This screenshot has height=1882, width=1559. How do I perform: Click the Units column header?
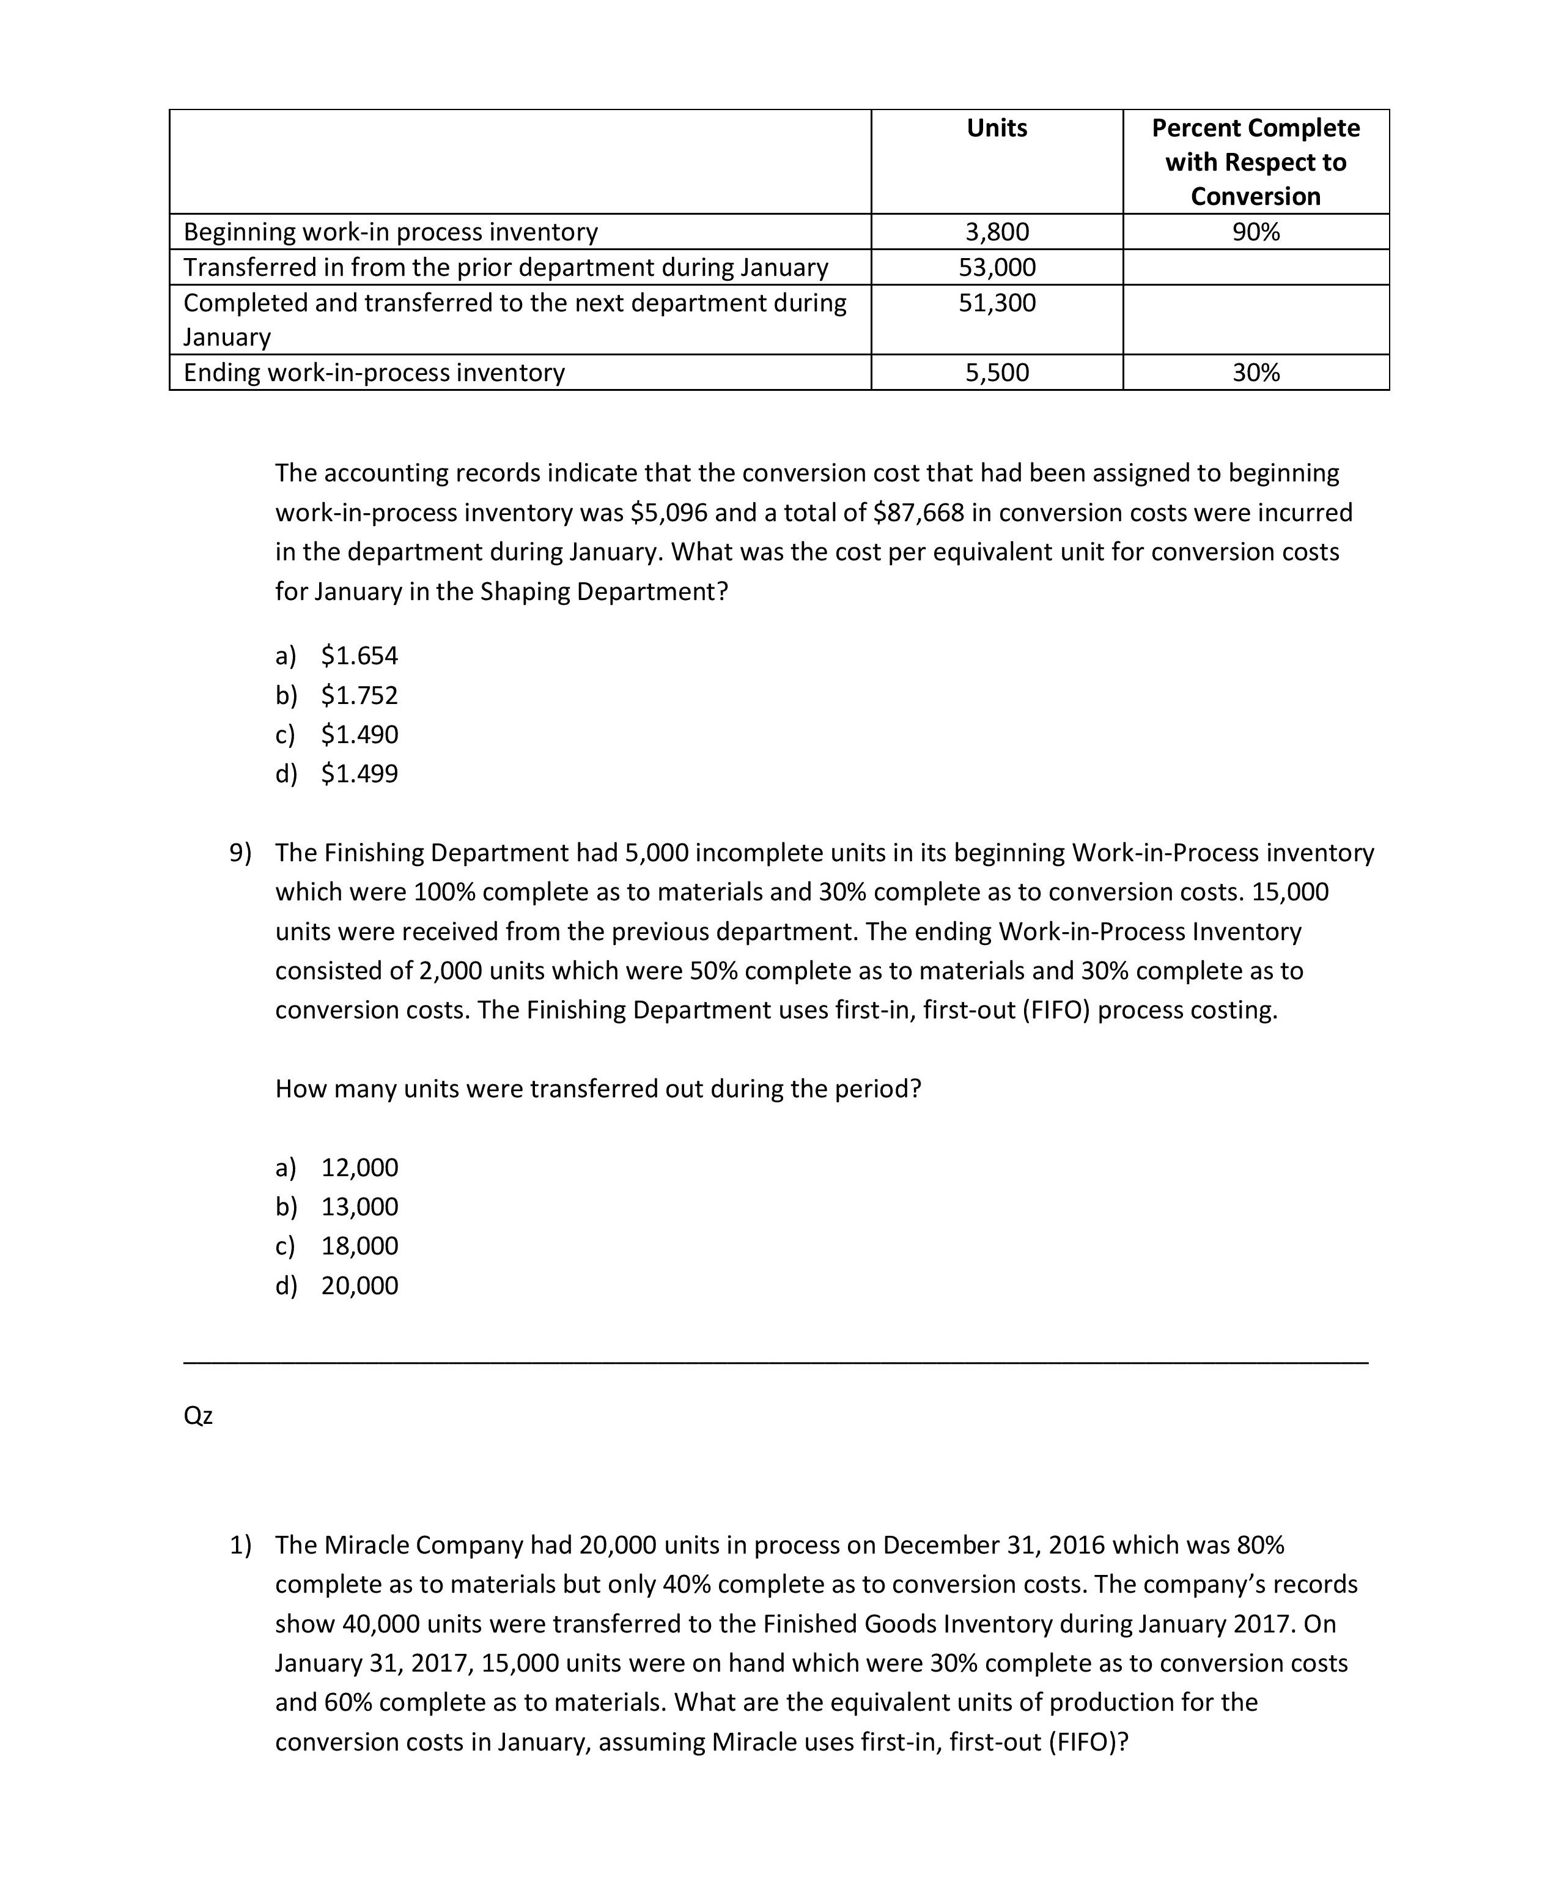[x=997, y=128]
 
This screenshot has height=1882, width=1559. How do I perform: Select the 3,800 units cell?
[x=997, y=232]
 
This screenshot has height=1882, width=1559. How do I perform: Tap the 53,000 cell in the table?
[x=997, y=267]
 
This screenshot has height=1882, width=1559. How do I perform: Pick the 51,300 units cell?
[x=997, y=303]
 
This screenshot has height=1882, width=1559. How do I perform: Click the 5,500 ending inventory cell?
[x=997, y=373]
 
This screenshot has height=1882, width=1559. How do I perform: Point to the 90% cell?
[x=1255, y=232]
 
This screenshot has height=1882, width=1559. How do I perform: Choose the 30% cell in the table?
[x=1255, y=373]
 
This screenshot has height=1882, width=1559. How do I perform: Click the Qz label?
[x=198, y=1415]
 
